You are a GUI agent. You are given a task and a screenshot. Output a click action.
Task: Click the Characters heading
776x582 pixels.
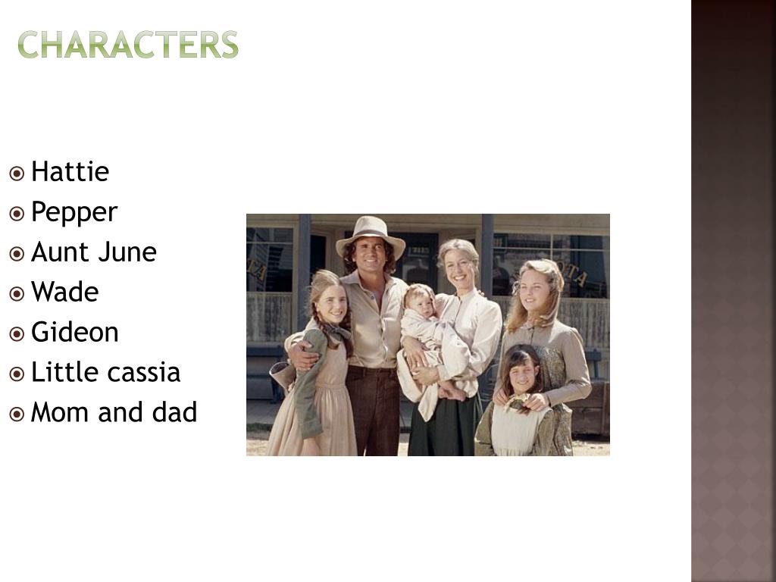128,45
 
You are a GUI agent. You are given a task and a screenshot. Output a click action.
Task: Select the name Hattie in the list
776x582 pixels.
70,172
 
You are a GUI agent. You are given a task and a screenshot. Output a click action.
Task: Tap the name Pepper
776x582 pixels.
74,213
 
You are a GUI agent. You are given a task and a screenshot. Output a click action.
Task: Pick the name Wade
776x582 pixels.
64,293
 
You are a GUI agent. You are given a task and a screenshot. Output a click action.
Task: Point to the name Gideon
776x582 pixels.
74,333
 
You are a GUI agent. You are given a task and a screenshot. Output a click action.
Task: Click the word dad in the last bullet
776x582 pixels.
177,413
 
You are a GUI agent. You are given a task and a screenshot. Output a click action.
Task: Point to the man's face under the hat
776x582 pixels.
371,257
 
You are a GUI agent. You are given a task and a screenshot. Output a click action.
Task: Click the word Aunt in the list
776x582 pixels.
55,252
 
